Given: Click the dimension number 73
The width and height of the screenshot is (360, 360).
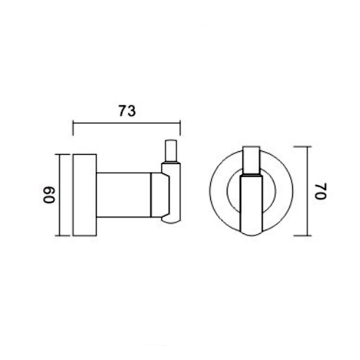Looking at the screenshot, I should [127, 111].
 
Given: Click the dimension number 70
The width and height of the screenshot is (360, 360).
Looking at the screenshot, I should [320, 192].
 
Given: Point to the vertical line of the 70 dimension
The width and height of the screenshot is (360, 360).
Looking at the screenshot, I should [307, 192].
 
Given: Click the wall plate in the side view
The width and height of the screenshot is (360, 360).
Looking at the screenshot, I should [84, 194].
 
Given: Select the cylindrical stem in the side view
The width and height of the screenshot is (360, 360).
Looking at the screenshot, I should [122, 195].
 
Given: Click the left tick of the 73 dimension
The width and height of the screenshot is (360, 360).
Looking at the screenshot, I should [75, 127].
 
